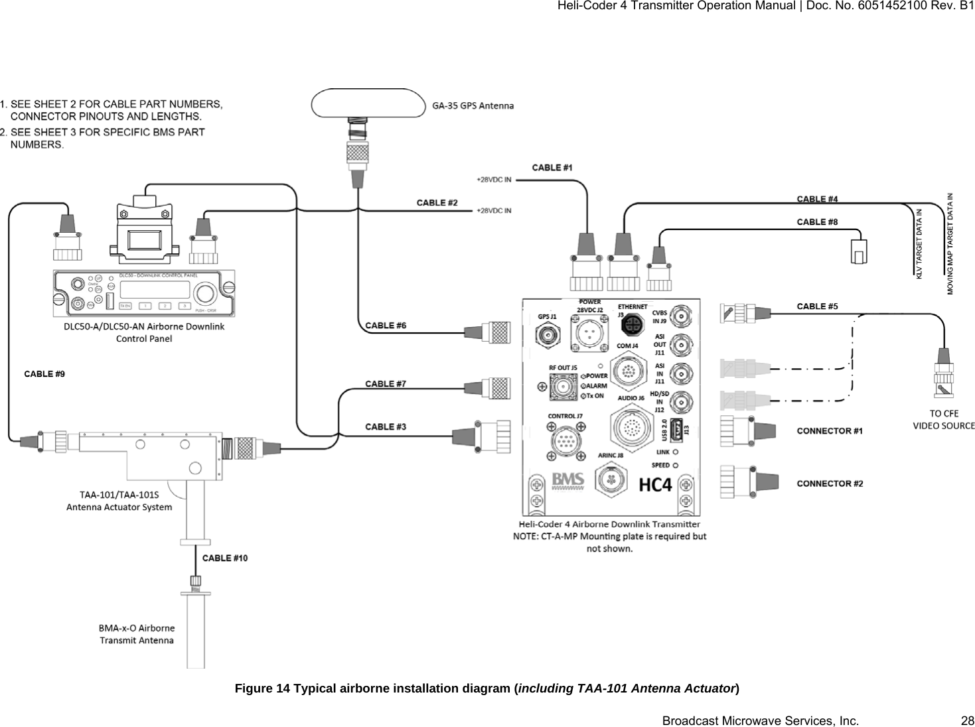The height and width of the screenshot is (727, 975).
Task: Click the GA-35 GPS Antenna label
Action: tap(473, 105)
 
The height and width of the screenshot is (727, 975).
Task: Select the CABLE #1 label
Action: tap(552, 168)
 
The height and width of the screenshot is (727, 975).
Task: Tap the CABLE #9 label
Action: tap(44, 374)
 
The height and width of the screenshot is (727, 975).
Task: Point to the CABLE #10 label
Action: tap(225, 558)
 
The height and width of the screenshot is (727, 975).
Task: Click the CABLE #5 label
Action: tap(817, 306)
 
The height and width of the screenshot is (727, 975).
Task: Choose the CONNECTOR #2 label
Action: tap(830, 484)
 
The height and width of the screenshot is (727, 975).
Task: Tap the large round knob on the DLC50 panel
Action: tap(206, 294)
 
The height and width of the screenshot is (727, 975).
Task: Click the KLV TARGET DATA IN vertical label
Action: tap(919, 243)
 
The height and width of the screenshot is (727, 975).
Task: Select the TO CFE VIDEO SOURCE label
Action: tap(944, 419)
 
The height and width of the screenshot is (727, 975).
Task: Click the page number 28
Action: tap(967, 720)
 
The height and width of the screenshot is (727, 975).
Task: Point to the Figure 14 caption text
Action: tap(487, 688)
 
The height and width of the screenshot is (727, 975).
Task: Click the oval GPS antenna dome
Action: tap(368, 103)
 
